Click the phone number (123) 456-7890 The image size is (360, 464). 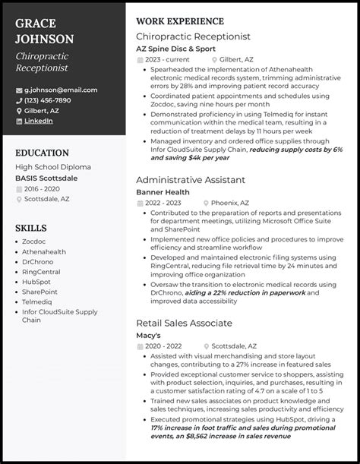[47, 99]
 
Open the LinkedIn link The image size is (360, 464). [39, 120]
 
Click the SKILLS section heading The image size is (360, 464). [30, 228]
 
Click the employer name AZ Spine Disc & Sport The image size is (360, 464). [175, 49]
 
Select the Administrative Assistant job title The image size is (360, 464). [190, 180]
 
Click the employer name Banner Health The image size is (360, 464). [163, 192]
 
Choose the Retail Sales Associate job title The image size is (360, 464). [184, 323]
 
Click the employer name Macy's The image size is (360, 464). [150, 335]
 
